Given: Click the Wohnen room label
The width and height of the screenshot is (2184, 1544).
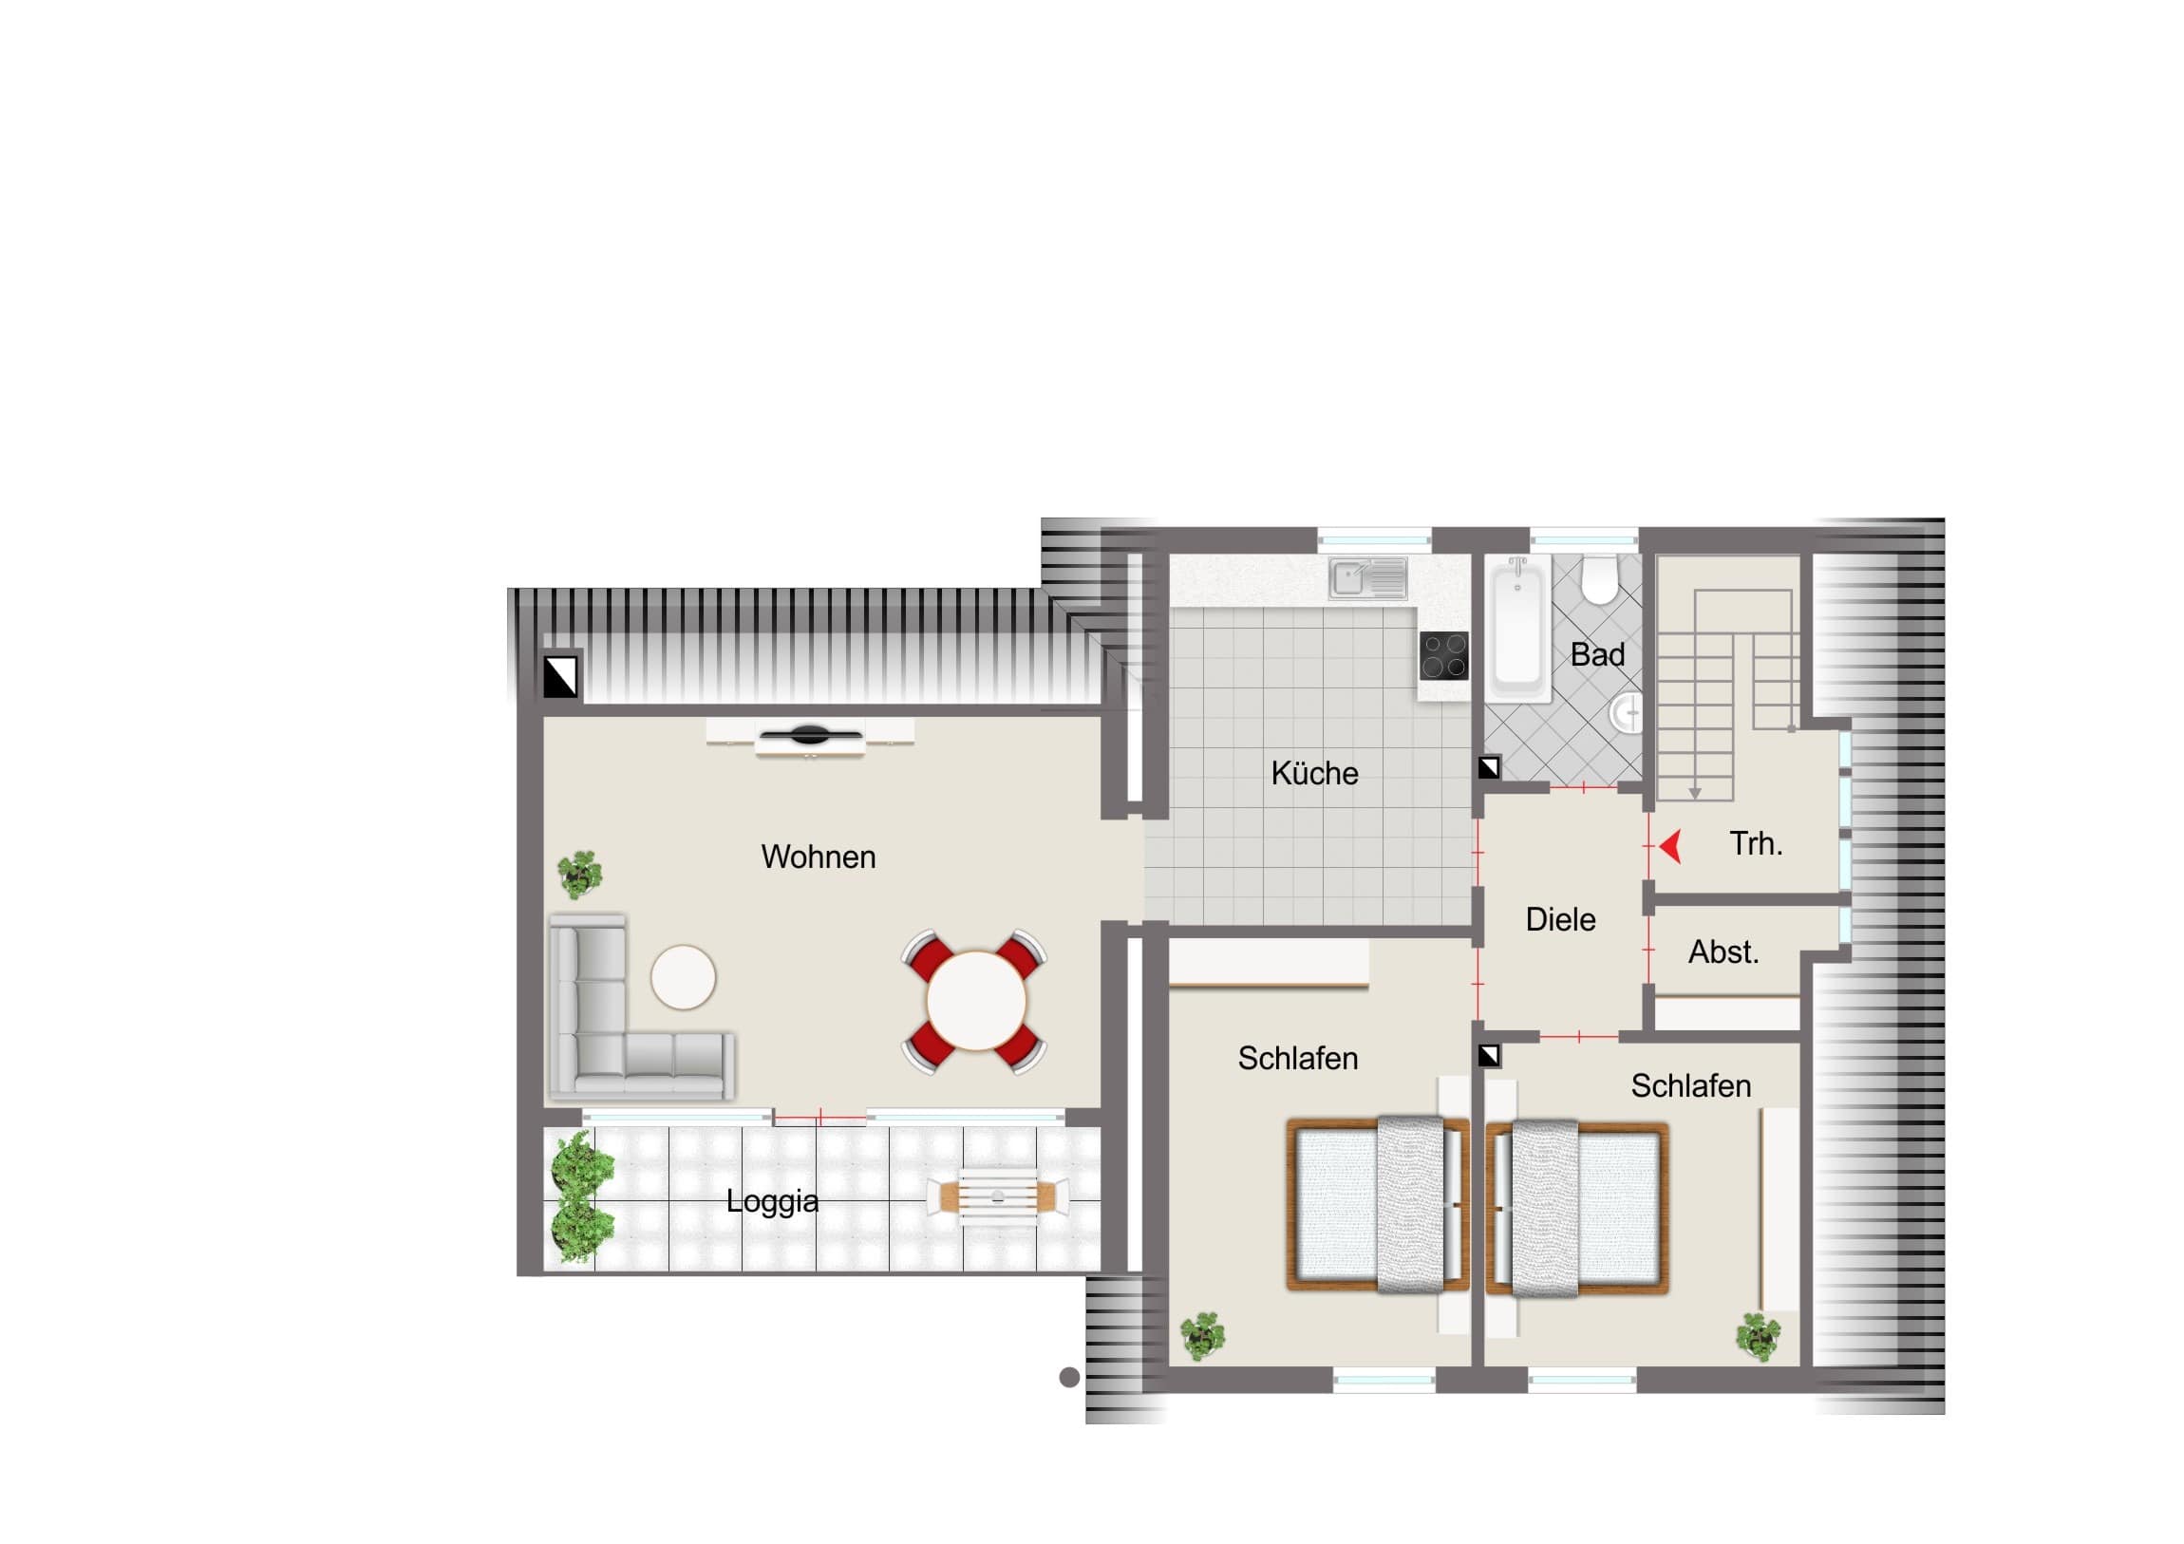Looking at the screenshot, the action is point(818,857).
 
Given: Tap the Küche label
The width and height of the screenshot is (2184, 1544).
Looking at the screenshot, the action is point(1314,773).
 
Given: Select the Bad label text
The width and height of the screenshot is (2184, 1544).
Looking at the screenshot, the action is point(1597,654).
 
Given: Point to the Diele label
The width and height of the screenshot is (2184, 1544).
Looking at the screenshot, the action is point(1561,919).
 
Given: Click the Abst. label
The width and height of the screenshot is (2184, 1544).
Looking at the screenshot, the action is point(1723,952).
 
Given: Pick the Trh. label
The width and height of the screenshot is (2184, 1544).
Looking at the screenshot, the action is point(1756,844).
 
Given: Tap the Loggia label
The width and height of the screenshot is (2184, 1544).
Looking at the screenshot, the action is point(772,1201).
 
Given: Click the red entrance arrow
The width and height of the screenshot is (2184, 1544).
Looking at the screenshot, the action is point(1670,846).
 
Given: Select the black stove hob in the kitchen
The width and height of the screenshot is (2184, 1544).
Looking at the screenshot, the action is point(1444,656).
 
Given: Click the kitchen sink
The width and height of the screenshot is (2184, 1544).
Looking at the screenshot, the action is point(1368,577).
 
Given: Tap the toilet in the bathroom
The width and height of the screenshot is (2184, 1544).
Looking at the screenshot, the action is point(1600,579).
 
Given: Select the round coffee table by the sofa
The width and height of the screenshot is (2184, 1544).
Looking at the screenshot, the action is point(683,977).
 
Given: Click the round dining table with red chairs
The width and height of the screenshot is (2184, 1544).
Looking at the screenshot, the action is point(975,1001).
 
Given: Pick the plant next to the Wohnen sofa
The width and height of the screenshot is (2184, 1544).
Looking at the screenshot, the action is point(579,875).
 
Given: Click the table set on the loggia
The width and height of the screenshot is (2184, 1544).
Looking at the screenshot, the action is point(998,1196).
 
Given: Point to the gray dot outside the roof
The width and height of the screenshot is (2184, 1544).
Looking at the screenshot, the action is point(1069,1377).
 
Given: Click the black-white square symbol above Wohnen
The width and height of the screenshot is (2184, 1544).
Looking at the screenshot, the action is point(560,676).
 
